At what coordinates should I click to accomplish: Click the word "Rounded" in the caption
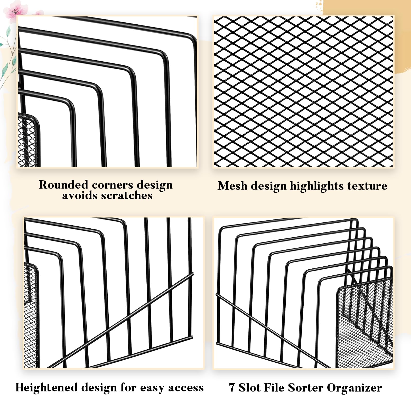(63, 185)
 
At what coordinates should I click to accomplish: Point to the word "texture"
(367, 186)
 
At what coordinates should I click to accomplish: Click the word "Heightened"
(46, 388)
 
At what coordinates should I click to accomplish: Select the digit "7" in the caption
(232, 388)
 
